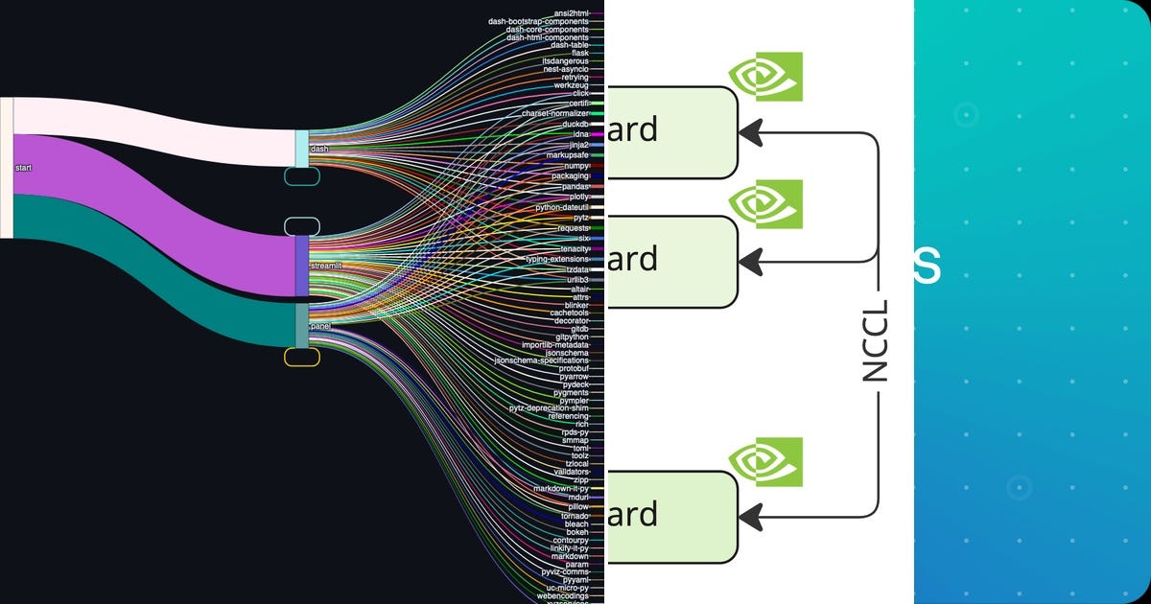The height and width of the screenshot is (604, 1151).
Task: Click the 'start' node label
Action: pyautogui.click(x=24, y=168)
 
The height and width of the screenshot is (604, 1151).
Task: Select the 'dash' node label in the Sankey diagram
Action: pyautogui.click(x=319, y=150)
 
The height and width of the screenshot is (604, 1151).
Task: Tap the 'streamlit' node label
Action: pyautogui.click(x=326, y=265)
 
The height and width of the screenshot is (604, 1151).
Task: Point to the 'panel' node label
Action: pyautogui.click(x=320, y=327)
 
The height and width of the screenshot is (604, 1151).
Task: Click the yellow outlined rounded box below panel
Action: pyautogui.click(x=302, y=357)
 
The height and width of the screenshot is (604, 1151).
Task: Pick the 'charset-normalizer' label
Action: pyautogui.click(x=554, y=113)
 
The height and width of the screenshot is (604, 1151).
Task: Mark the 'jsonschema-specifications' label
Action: pyautogui.click(x=541, y=360)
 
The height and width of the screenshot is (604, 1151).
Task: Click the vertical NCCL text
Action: pyautogui.click(x=876, y=340)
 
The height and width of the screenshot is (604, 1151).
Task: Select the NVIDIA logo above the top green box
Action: pyautogui.click(x=764, y=77)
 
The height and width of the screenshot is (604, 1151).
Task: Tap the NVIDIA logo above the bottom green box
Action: pyautogui.click(x=764, y=462)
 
